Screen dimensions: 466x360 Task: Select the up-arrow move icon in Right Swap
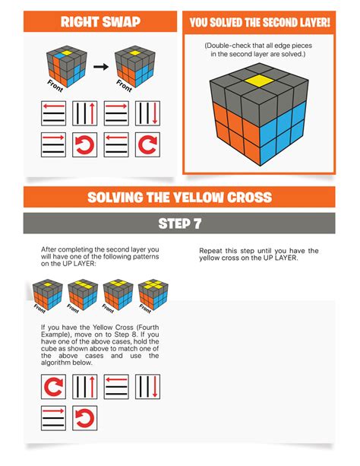85,115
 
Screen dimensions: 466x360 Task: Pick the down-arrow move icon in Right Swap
147,115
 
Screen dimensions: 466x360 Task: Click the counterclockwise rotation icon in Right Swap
85,144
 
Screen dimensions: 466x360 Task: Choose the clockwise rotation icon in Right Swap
147,144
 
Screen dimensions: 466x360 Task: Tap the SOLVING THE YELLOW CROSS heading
180,197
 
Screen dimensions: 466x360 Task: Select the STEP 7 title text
180,223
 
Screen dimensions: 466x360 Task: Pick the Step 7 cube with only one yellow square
47,293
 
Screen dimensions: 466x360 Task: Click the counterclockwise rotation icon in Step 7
85,418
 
